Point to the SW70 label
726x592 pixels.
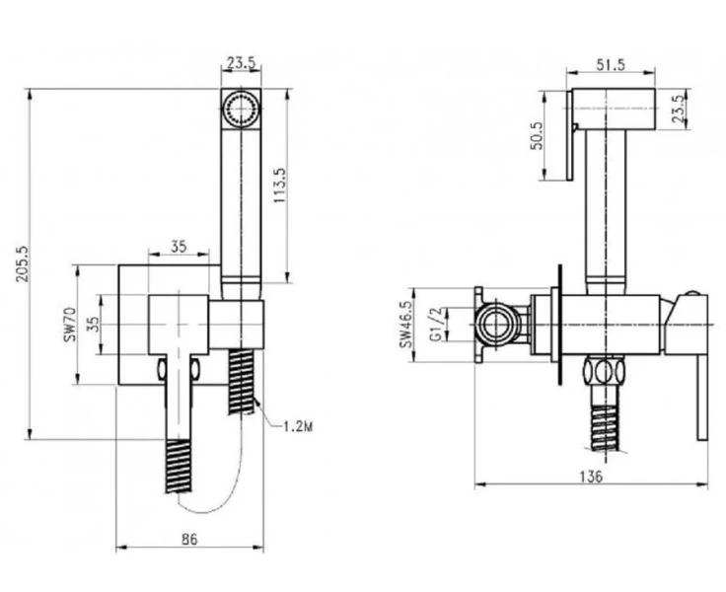coord(70,324)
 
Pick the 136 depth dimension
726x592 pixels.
coord(591,476)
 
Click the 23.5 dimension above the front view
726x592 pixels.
coord(241,62)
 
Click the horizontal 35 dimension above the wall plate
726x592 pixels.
coord(179,247)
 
